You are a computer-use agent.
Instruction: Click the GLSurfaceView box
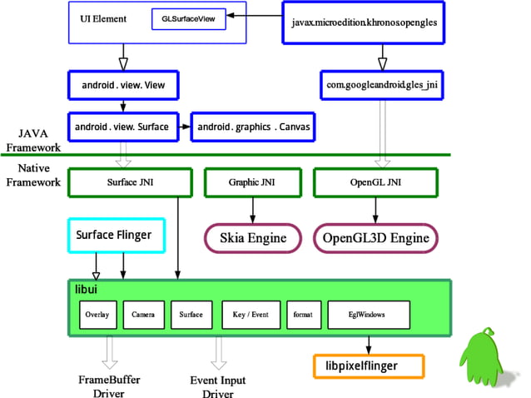click(x=189, y=19)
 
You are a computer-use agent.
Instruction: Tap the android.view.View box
click(x=123, y=84)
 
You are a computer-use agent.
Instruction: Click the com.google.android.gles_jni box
click(x=380, y=84)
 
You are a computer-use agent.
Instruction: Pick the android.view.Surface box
click(x=123, y=127)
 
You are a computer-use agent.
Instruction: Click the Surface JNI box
click(x=123, y=181)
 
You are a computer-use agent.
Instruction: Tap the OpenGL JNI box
click(x=374, y=181)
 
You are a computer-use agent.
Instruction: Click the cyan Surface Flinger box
click(x=117, y=236)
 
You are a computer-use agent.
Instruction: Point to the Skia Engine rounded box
click(x=252, y=238)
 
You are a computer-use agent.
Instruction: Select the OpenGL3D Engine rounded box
click(x=375, y=238)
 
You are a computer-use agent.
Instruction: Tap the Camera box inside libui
click(x=143, y=316)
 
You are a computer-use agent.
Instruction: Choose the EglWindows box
click(x=367, y=316)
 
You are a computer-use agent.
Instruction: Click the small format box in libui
click(x=302, y=316)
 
